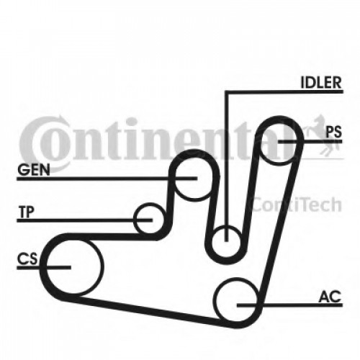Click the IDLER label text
[x=321, y=83]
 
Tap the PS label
[x=333, y=132]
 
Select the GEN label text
[x=34, y=170]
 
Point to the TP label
[x=27, y=212]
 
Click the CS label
[x=27, y=259]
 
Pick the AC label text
[x=330, y=297]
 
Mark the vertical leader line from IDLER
[x=226, y=166]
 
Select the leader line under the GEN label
[x=107, y=179]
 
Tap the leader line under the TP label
[x=84, y=220]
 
